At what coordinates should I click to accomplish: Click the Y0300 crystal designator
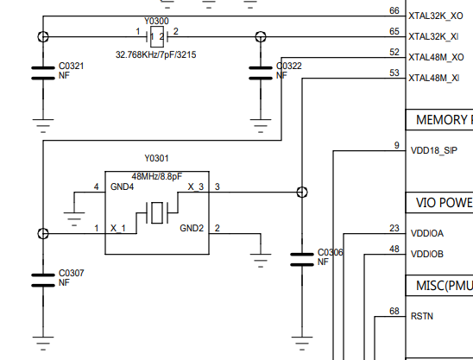coord(156,21)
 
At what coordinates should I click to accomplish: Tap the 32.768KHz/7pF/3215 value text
coord(156,54)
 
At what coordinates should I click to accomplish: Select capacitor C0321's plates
coord(43,73)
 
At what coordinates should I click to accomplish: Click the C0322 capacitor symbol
coord(261,73)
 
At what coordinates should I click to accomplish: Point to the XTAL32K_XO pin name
coord(436,16)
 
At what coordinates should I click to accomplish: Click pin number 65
coord(394,31)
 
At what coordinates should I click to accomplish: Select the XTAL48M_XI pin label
coord(434,79)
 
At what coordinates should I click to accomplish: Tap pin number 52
coord(394,52)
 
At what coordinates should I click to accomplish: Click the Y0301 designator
coord(156,159)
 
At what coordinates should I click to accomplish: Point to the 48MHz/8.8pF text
coord(157,176)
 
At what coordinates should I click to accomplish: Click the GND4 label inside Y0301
coord(122,186)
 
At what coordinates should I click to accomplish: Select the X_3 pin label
coord(196,186)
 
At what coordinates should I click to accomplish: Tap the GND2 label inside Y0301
coord(192,228)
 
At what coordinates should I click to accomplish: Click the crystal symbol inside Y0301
coord(157,212)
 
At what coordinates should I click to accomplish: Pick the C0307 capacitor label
coord(71,273)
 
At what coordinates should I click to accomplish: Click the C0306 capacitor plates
coord(302,260)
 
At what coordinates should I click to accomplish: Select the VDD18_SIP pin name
coord(434,150)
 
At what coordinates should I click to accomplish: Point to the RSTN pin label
coord(422,316)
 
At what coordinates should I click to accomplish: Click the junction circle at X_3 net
coord(302,192)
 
